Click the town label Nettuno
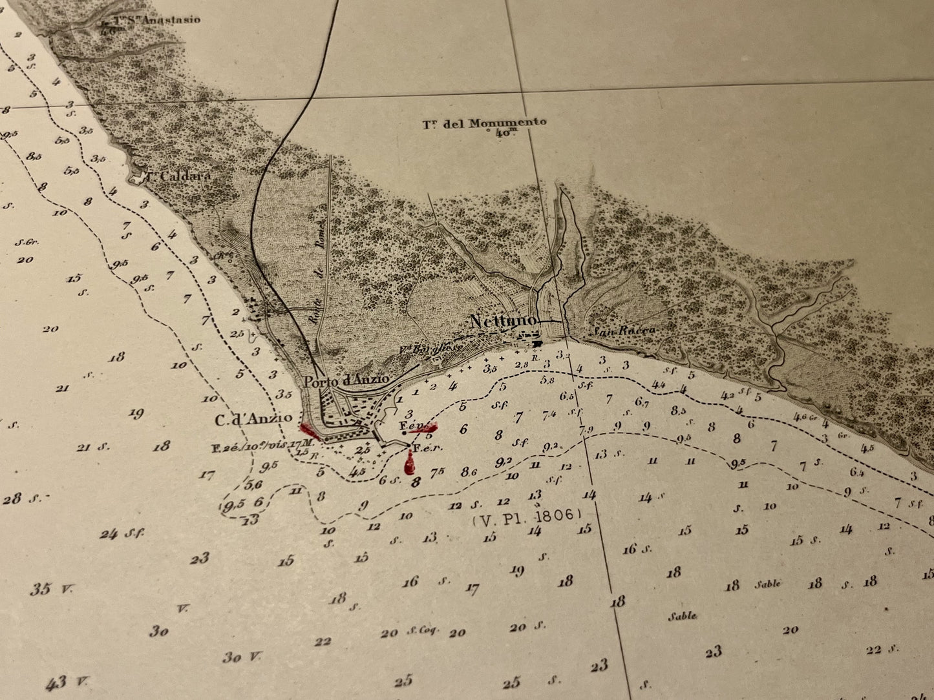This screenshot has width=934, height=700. click(503, 321)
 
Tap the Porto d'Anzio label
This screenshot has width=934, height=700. click(356, 380)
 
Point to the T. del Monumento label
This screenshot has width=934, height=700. click(484, 123)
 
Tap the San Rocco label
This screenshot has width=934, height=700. click(624, 330)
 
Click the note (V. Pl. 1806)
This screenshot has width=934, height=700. click(527, 515)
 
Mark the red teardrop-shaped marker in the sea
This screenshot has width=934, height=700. click(409, 464)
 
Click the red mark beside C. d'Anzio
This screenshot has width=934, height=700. click(308, 429)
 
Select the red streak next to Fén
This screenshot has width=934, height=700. click(424, 427)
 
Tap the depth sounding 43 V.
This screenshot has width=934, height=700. click(65, 682)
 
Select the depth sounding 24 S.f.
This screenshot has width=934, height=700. click(121, 534)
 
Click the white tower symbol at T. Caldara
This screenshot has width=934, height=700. click(137, 177)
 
